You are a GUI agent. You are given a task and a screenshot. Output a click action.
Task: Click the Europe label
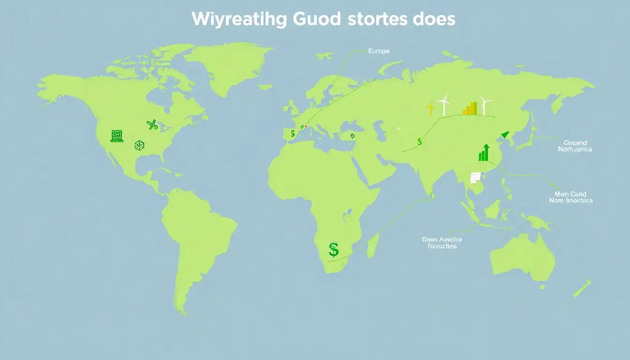(378, 51)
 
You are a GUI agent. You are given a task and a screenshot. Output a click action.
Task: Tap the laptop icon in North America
(117, 136)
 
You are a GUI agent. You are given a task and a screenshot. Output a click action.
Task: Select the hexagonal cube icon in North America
(139, 145)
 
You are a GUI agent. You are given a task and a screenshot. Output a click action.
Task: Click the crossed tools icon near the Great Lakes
(152, 124)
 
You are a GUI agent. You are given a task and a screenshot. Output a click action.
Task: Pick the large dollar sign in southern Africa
(334, 249)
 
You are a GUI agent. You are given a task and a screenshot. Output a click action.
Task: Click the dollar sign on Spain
(293, 134)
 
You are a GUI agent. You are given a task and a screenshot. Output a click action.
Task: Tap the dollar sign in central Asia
(420, 142)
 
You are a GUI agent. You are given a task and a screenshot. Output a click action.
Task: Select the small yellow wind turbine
(430, 108)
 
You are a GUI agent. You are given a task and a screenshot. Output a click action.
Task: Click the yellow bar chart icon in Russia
(470, 109)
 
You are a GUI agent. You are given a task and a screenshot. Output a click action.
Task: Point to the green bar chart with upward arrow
(484, 153)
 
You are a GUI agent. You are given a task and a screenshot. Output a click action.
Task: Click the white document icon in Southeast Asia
(475, 177)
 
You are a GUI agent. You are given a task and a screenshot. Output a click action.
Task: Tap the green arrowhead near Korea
(504, 135)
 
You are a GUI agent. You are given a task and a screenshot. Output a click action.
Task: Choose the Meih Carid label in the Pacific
(570, 197)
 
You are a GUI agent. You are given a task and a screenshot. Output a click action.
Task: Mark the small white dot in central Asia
(398, 128)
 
